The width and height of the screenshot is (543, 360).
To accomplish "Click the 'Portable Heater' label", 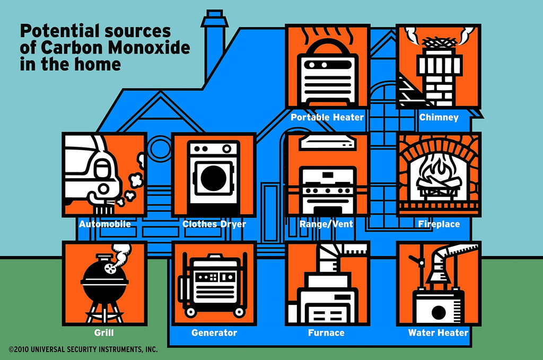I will [x=327, y=117].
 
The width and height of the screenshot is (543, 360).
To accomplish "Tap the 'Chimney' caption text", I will [x=439, y=117].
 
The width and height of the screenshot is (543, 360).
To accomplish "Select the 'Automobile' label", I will [x=104, y=224].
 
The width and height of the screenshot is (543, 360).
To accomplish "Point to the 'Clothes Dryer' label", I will [x=214, y=224].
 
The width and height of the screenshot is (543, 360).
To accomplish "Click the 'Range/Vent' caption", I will [x=326, y=224].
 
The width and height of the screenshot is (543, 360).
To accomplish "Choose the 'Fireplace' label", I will [x=439, y=224].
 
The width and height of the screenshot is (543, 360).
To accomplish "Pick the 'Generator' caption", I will [x=214, y=333].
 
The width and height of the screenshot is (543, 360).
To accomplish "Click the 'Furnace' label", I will [x=326, y=333].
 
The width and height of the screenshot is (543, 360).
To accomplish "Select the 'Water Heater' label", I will [x=438, y=333].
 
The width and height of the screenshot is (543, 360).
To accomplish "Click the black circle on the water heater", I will [x=439, y=313].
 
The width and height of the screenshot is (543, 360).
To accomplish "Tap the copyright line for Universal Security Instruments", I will [x=83, y=350].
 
